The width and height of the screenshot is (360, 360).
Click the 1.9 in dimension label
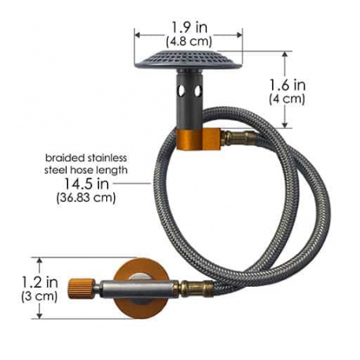coord(189,28)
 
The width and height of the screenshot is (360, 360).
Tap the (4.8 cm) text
coord(189,41)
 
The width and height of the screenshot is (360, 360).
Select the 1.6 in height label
coord(288,86)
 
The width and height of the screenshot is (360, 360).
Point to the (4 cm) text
coord(287,99)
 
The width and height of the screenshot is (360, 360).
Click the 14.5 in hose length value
coord(86,184)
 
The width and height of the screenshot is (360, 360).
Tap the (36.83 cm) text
coord(86,197)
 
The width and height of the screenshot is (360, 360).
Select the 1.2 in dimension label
coord(39,282)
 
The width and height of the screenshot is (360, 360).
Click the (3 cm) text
coord(39,296)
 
